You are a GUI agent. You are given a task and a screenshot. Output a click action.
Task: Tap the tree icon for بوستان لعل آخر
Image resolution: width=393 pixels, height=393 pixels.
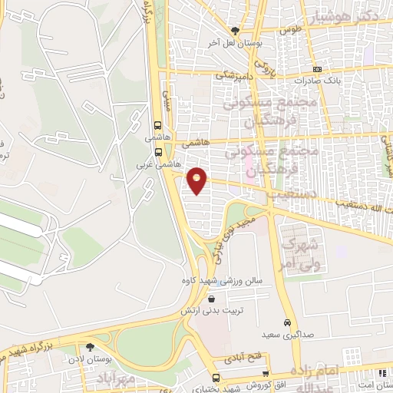tap(235, 31)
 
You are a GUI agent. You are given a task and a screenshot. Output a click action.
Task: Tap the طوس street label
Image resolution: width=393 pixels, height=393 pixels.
tap(289, 29)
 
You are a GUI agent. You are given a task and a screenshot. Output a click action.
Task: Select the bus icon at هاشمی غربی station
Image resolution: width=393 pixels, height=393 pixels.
tap(158, 152)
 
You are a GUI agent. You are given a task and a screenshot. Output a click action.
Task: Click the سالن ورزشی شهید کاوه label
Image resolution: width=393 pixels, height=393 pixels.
tap(222, 281)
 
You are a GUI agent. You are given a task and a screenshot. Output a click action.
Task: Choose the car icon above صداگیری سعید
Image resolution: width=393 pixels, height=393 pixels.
tap(286, 322)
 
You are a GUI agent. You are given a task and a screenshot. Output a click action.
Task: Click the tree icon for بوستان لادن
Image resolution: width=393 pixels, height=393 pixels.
tap(90, 348)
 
